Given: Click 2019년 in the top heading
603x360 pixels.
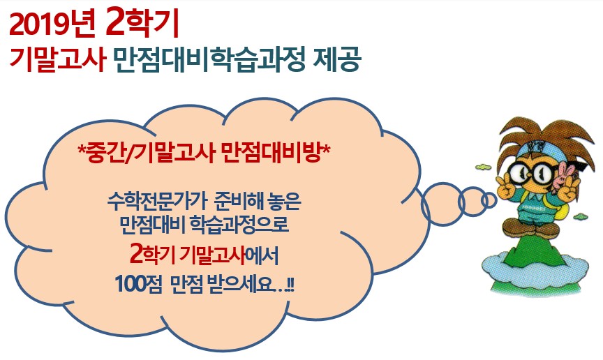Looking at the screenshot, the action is point(52,24).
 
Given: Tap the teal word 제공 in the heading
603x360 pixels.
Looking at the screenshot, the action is point(337,59).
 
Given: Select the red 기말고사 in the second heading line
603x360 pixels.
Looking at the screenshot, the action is point(58,59).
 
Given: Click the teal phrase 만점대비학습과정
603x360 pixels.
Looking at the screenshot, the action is point(210,59).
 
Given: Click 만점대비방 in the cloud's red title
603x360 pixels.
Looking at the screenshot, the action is point(271,152).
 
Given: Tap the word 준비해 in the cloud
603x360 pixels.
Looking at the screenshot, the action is point(236,201).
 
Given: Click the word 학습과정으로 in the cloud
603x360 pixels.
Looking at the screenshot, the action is point(239,224).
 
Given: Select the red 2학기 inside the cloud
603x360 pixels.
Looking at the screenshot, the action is point(152,254).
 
